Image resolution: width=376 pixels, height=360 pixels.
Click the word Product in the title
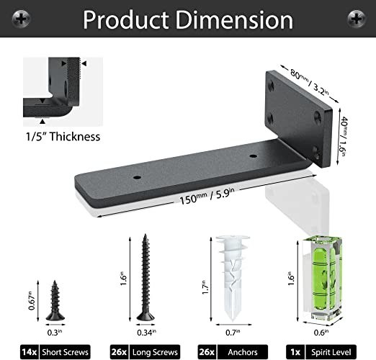point(125,20)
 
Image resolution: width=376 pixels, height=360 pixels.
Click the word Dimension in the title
point(235,20)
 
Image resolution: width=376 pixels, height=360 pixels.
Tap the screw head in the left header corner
point(21,19)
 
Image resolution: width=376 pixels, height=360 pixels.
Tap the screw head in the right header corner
point(357,19)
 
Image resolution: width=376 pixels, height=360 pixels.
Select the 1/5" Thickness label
point(63,137)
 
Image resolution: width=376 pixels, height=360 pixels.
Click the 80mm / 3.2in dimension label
point(309,82)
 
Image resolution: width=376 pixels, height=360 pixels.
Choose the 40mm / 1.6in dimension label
point(343,136)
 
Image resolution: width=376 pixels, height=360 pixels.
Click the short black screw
point(55,300)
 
